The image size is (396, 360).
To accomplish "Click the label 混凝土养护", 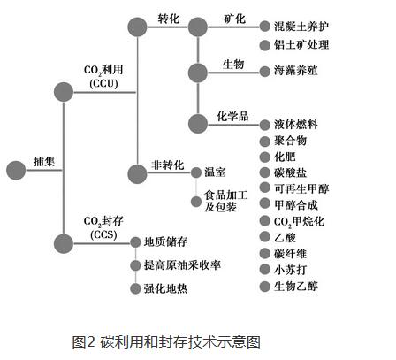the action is point(301,27).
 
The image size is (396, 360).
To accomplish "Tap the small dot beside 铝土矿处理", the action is point(265,45).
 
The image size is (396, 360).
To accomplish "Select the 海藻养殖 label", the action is point(296,71).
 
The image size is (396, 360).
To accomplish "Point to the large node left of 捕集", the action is point(16,170).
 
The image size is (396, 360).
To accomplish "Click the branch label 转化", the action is point(168,19).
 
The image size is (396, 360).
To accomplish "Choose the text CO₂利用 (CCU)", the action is point(103,77).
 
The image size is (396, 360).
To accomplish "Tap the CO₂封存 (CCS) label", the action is point(103,227).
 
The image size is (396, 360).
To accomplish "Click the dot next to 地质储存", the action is point(135,242).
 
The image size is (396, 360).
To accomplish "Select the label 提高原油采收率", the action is point(182,265).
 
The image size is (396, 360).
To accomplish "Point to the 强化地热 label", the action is point(166,288).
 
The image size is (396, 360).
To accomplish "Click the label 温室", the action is point(215,172).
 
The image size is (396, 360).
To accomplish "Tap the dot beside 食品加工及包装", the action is point(196,202).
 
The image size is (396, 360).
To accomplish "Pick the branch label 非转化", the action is point(168,165).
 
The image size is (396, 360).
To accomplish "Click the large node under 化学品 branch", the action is point(198,124).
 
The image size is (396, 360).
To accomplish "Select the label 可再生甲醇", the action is point(301,188).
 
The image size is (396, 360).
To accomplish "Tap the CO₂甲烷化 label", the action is point(299,222).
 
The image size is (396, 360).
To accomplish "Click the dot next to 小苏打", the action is point(265,270).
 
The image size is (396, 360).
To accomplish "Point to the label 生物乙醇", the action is point(296,286).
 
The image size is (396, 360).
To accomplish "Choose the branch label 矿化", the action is point(234,19).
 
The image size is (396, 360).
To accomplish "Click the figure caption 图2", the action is point(83,341).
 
